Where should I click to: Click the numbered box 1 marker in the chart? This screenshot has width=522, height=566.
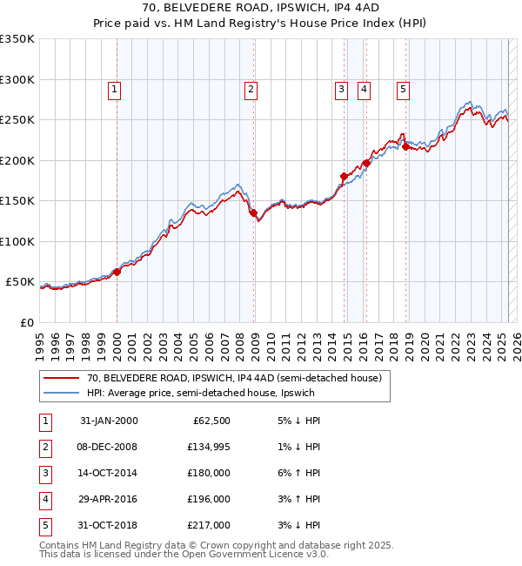(115, 88)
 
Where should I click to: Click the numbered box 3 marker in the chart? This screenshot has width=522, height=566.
(342, 88)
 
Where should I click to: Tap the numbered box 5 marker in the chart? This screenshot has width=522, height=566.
(404, 88)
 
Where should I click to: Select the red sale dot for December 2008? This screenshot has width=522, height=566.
(253, 212)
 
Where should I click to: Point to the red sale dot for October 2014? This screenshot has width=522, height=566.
(344, 177)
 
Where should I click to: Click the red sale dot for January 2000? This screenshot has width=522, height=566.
(117, 271)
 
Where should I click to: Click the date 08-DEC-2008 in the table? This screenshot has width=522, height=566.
(109, 447)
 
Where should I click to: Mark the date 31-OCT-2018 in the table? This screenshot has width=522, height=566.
(109, 525)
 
